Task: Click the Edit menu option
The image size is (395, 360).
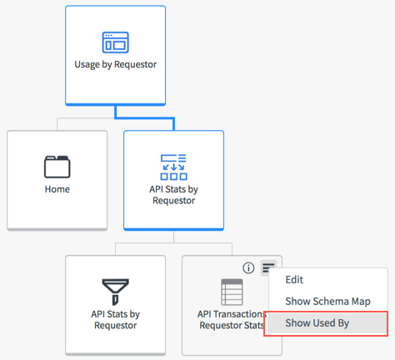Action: tap(294, 280)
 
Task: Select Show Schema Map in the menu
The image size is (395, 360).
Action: tap(327, 302)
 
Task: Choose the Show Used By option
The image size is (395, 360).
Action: tap(317, 323)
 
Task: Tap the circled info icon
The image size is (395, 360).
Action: tap(248, 268)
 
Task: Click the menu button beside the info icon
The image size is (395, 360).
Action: tap(268, 267)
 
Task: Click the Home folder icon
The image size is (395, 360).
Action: tap(57, 167)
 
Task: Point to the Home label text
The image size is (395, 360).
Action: tap(57, 189)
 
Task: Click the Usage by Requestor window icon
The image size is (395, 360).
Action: tap(116, 42)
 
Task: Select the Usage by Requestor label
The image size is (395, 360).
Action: tap(116, 64)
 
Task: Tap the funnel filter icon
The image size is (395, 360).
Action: tap(116, 292)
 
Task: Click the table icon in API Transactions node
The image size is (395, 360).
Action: tap(232, 292)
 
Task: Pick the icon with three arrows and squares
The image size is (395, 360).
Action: tap(174, 167)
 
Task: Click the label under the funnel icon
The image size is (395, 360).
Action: tap(116, 320)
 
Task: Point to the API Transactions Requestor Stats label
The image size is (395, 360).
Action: tap(232, 320)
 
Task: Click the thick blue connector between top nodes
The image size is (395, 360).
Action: tap(145, 118)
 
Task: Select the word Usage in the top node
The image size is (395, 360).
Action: tap(87, 64)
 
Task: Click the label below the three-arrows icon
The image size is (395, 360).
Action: tap(174, 195)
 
